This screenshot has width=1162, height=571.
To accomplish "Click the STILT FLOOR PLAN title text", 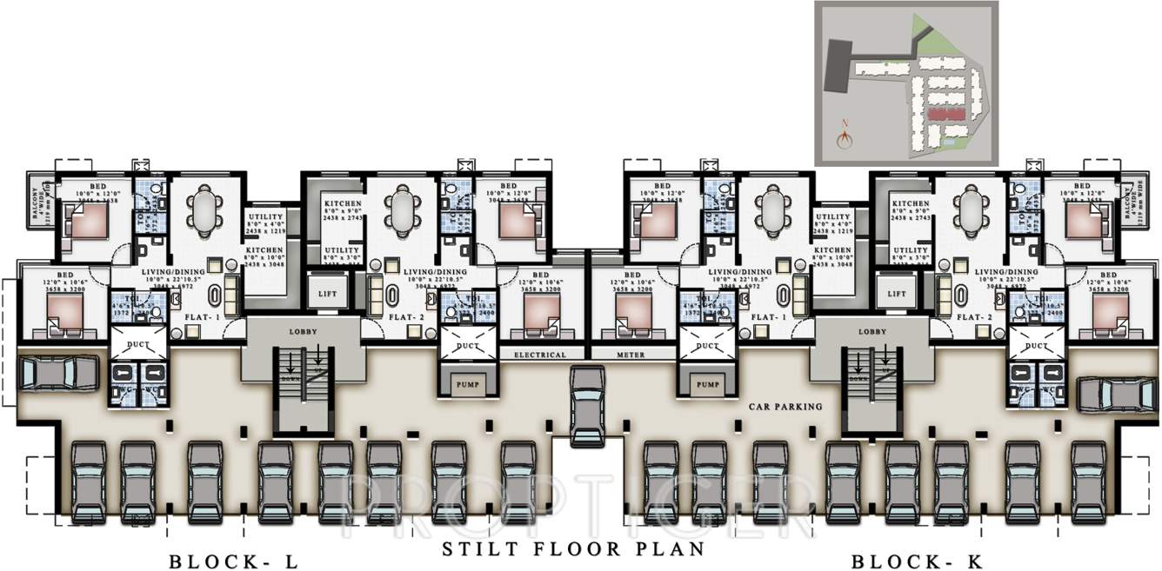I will (x=573, y=549).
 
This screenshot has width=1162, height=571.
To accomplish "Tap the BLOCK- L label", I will (x=233, y=561).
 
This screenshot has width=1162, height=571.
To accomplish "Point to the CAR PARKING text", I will (x=785, y=406).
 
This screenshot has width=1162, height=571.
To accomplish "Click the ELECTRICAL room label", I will (x=539, y=355).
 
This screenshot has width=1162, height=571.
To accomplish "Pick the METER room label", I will (x=632, y=355).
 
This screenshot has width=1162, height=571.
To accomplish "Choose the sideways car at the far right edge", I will (x=1116, y=393).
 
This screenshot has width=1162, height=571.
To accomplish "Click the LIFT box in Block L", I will (x=327, y=294).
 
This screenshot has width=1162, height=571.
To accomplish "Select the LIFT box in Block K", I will (x=896, y=294).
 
